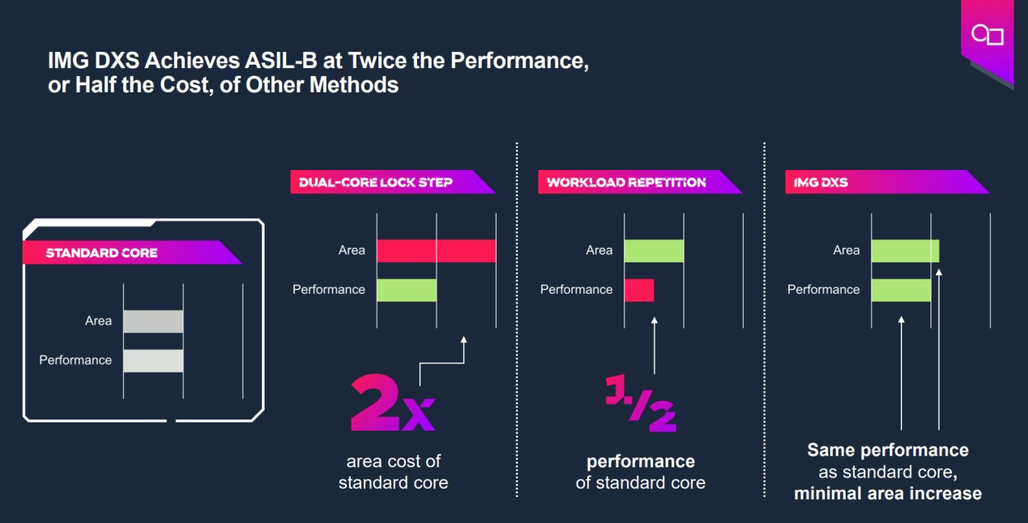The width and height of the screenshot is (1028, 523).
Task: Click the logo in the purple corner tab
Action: point(987,35)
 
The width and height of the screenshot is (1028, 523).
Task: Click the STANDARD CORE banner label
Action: point(101,253)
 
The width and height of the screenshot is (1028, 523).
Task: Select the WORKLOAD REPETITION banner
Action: point(626,182)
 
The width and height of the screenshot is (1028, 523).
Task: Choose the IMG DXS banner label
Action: point(817,182)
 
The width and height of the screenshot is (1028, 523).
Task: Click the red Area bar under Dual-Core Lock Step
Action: point(436,251)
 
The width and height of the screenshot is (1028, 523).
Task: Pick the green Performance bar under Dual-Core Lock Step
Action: point(407,290)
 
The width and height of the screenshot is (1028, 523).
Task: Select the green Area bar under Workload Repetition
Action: point(654,251)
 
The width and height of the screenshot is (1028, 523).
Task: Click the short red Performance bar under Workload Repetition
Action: point(638,290)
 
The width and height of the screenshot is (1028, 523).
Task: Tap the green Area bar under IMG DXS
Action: point(905,251)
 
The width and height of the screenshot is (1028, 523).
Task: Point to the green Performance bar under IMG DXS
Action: point(901,290)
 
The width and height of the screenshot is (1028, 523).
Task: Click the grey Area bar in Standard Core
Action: point(153,321)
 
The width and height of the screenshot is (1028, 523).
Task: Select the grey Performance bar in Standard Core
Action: point(153,360)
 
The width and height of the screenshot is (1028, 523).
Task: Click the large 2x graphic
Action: point(392,402)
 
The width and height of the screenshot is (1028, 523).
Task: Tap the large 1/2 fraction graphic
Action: point(640,402)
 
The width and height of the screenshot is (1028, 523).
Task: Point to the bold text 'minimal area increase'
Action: point(888,493)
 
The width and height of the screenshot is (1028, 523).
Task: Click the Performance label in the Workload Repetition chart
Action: point(576,290)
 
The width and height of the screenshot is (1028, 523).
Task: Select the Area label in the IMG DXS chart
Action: point(846,251)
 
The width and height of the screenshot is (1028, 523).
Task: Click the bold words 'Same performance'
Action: point(888,450)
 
